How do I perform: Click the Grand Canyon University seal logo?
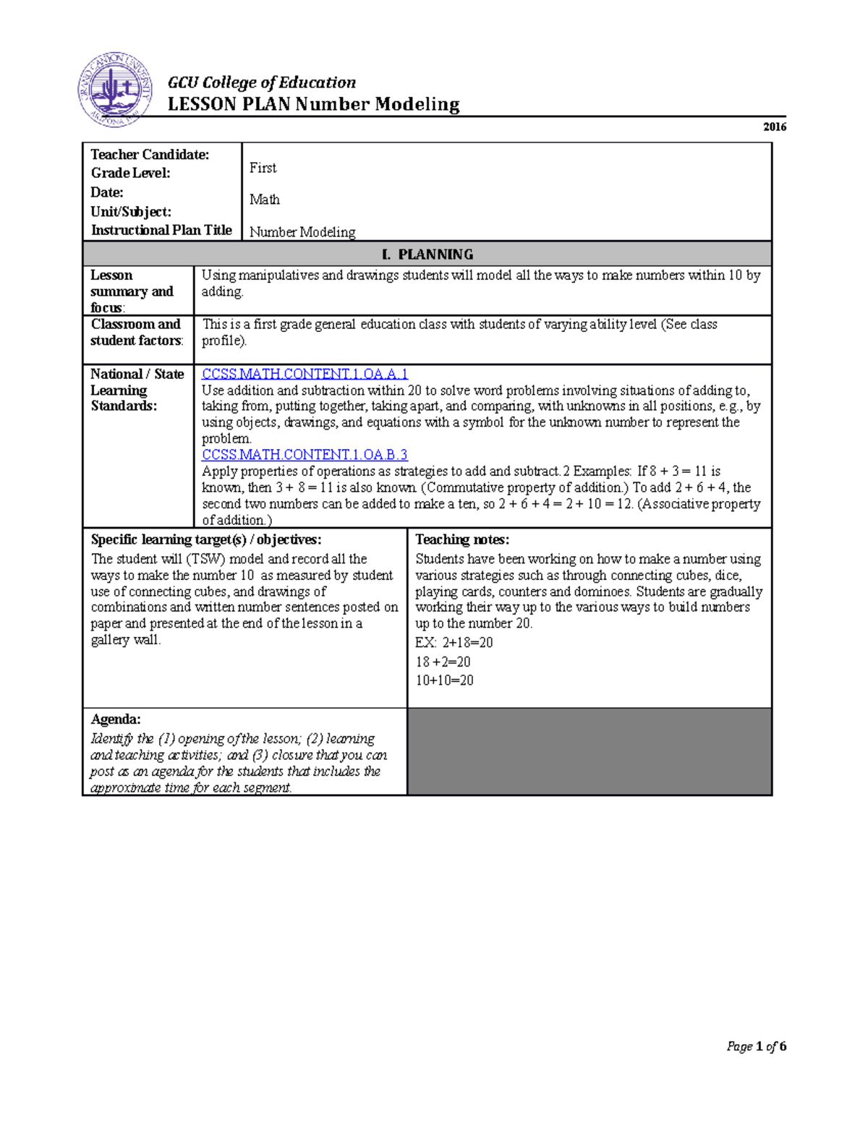pos(115,90)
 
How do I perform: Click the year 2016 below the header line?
pos(774,127)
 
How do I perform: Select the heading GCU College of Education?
pos(261,82)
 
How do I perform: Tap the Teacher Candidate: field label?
pos(150,155)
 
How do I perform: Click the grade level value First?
pos(263,168)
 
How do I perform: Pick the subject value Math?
pos(264,200)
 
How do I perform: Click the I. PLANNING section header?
pos(427,255)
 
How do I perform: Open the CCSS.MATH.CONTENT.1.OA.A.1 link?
pos(305,374)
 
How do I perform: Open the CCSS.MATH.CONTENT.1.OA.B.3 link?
pos(305,455)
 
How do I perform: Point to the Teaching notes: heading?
pos(462,539)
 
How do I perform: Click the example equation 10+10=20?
pos(444,680)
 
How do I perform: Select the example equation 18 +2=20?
pos(443,662)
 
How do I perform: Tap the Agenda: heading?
pos(116,720)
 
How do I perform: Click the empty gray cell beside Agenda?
pos(589,751)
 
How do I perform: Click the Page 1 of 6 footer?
pos(756,1046)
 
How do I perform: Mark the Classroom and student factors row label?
pos(137,333)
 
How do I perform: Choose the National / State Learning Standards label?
pos(137,390)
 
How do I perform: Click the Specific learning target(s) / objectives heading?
pos(206,539)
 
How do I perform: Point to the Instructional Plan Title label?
pos(161,230)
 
